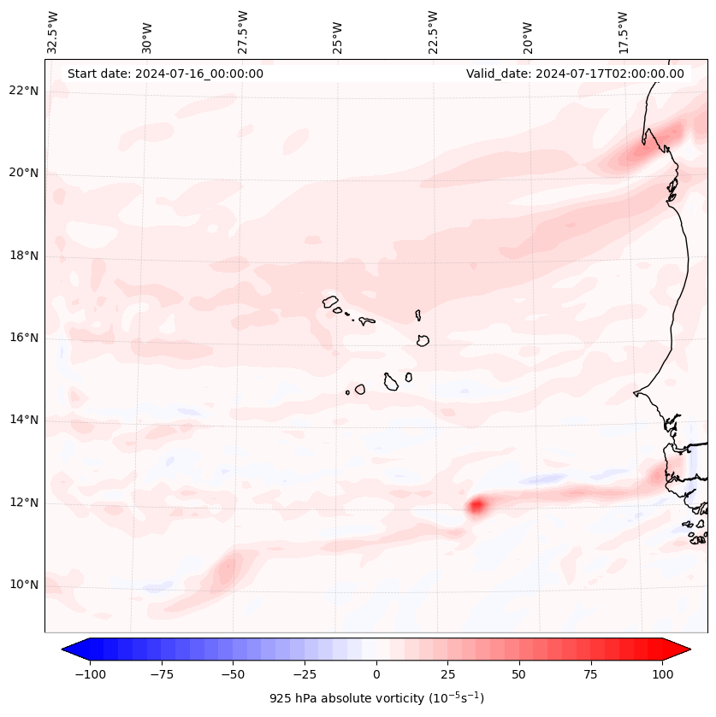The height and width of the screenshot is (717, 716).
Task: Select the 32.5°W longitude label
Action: (53, 32)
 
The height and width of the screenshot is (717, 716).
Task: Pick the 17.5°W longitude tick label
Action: (623, 32)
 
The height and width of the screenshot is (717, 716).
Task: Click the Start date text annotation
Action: (165, 73)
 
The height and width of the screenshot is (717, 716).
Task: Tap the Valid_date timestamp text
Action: (575, 73)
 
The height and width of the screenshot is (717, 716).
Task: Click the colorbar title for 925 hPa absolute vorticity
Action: (376, 698)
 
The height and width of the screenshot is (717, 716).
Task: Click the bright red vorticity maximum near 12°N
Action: (476, 506)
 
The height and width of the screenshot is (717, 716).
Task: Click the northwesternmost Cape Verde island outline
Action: (330, 301)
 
